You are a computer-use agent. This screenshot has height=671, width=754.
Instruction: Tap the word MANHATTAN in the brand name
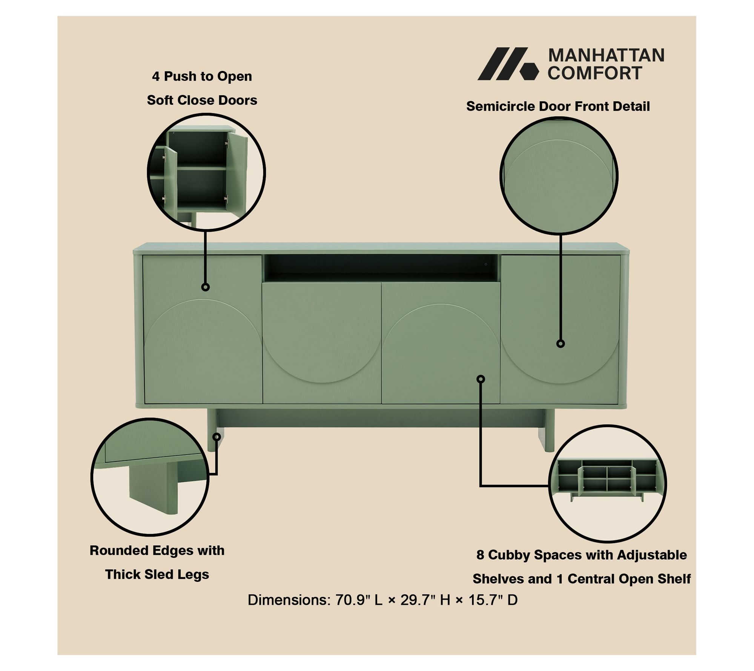606,55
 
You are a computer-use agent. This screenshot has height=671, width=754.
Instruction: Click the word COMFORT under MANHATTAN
595,73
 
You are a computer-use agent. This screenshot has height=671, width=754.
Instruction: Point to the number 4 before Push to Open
156,77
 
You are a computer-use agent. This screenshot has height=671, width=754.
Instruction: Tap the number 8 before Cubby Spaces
480,555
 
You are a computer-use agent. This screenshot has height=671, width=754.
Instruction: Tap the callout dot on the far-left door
205,287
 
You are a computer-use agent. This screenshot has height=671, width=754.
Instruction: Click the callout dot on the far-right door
561,343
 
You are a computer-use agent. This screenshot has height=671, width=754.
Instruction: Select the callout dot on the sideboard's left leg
217,437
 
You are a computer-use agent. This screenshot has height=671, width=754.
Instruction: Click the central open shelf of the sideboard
382,268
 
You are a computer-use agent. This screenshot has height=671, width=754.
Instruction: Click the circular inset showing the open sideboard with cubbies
607,484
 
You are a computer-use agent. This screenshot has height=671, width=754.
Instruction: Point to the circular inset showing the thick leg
150,477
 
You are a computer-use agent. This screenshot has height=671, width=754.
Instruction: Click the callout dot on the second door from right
481,379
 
